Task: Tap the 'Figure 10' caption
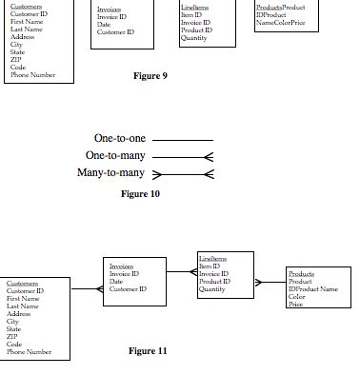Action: [x=140, y=194]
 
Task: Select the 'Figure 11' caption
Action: [x=148, y=350]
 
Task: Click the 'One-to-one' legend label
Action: [x=120, y=139]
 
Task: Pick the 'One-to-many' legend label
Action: [x=115, y=155]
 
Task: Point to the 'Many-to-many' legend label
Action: [x=110, y=172]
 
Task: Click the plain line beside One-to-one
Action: [x=183, y=140]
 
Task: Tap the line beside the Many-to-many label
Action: [x=183, y=174]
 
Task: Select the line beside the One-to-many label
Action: [x=183, y=157]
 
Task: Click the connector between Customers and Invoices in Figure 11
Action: [x=86, y=288]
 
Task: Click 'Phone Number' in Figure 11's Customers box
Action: [x=30, y=352]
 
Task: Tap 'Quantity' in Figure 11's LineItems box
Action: [x=211, y=289]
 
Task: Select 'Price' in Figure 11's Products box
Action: [x=295, y=304]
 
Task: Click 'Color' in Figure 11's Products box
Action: [x=296, y=296]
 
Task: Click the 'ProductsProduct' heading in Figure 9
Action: [x=281, y=8]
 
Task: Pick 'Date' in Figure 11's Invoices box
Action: [x=115, y=281]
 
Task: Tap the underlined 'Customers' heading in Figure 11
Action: [x=23, y=283]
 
